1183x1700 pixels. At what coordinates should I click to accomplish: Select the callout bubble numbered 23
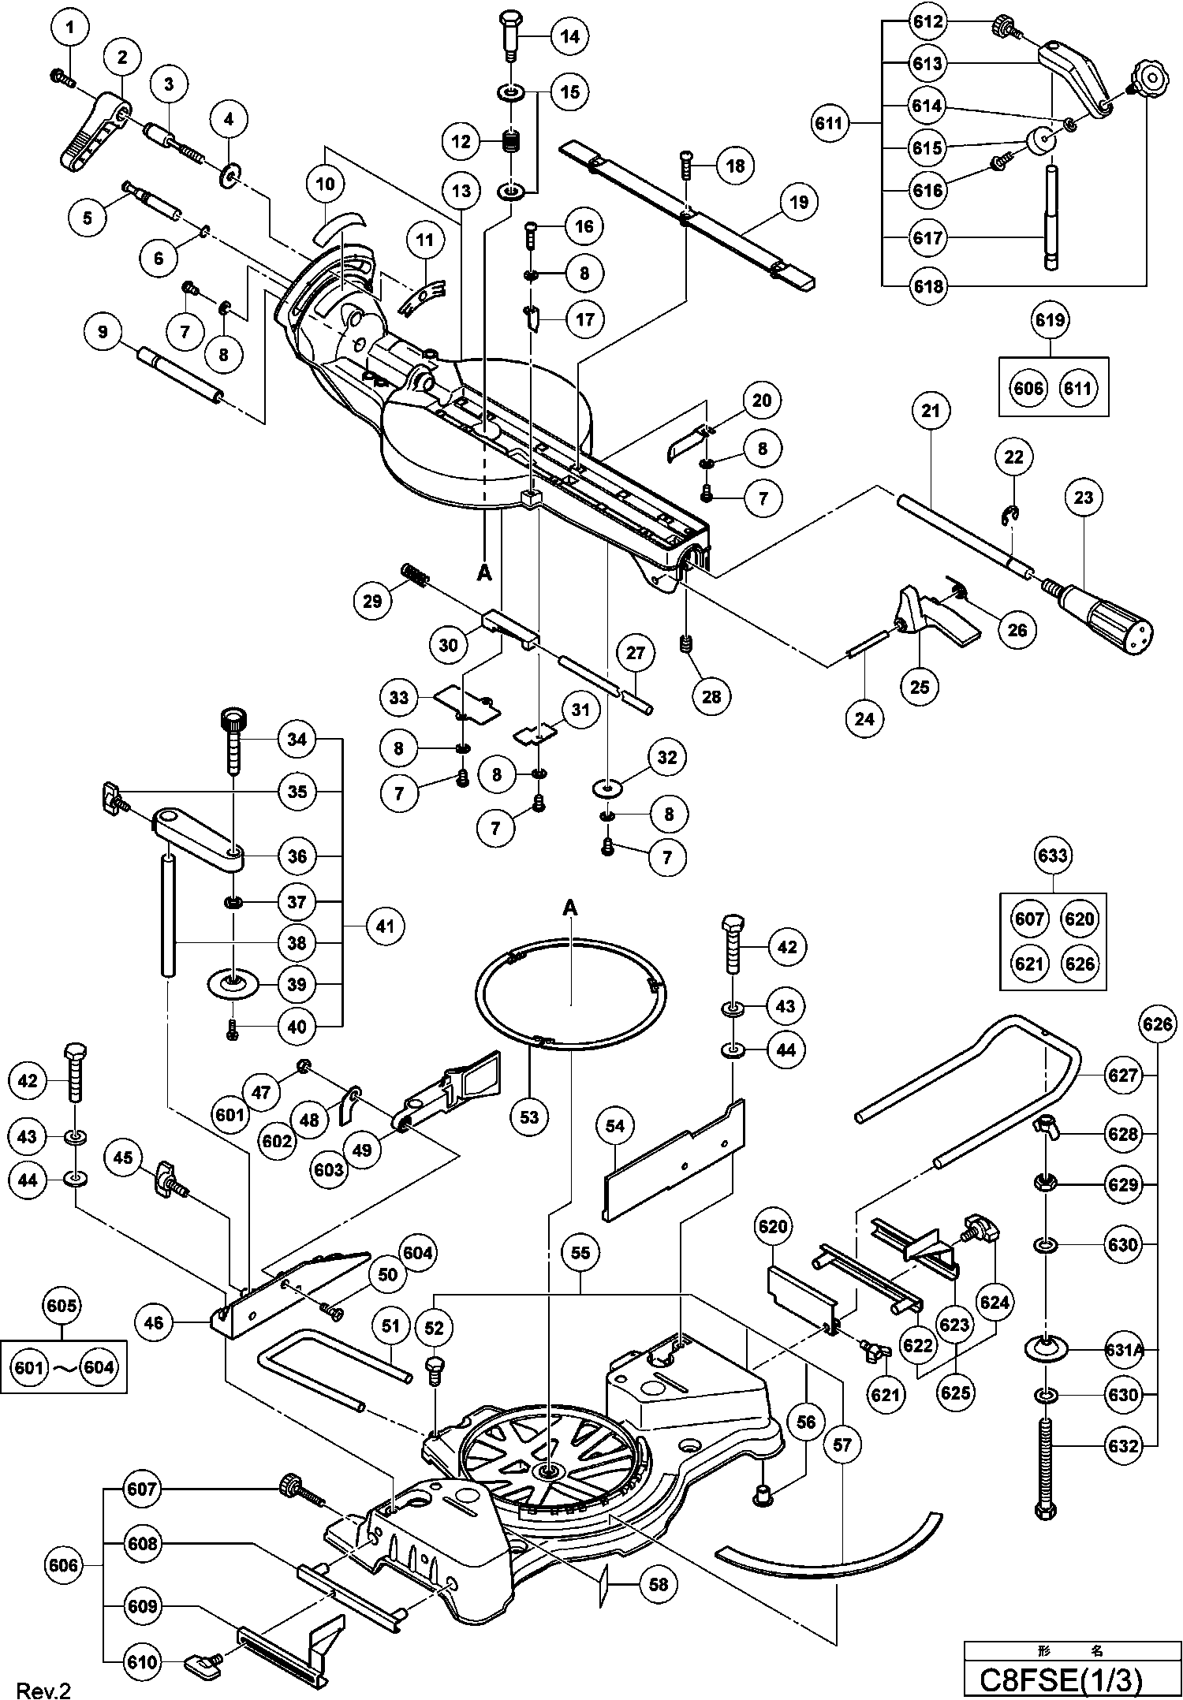pos(1084,498)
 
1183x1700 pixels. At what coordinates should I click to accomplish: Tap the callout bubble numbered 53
pos(529,1117)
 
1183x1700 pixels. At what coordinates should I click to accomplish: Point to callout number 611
pos(830,123)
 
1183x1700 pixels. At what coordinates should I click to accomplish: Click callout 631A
pos(1124,1349)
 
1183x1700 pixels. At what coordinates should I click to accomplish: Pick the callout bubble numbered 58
pos(658,1584)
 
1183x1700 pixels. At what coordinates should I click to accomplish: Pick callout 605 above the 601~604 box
pos(62,1305)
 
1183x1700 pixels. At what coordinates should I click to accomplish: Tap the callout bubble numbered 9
pos(103,332)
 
